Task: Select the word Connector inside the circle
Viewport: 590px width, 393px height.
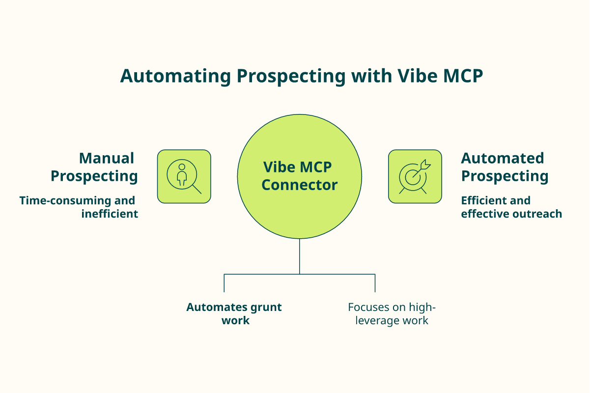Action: [x=300, y=185]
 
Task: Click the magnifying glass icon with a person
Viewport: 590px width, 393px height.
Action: [x=184, y=176]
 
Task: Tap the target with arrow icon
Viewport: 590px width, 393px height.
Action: [x=415, y=176]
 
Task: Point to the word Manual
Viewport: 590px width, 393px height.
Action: [x=107, y=158]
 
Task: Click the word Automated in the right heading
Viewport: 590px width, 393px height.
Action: [x=503, y=158]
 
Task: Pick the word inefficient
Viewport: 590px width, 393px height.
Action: [x=110, y=214]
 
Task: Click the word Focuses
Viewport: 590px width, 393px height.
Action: [x=368, y=307]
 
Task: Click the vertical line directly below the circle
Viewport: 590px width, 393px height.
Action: [x=300, y=256]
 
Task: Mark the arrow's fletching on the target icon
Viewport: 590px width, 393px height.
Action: [x=425, y=165]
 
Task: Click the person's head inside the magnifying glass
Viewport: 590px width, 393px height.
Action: [x=182, y=167]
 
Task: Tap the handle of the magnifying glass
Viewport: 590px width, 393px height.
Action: [x=197, y=190]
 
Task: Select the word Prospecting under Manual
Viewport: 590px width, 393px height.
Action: [x=94, y=176]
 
